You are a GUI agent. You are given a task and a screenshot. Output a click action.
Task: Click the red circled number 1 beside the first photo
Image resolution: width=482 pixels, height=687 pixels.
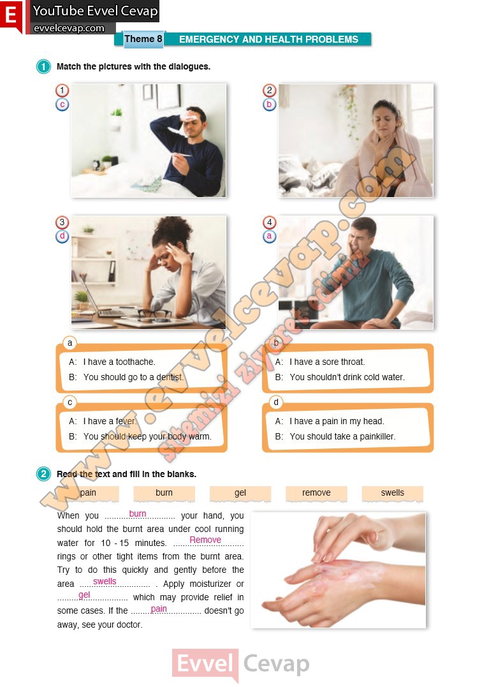pos(62,90)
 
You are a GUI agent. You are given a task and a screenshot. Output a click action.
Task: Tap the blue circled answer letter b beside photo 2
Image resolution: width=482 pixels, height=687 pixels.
pos(269,105)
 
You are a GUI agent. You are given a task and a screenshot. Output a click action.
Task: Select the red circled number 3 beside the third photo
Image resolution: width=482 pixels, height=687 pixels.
pos(62,222)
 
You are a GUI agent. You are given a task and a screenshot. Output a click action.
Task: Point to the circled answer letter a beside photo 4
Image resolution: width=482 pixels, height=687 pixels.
pos(269,237)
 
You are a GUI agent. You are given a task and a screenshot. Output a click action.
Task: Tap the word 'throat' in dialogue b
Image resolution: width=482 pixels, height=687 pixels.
pos(353,362)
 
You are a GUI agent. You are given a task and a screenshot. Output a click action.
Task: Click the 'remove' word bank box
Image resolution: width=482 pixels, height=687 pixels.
pos(316,493)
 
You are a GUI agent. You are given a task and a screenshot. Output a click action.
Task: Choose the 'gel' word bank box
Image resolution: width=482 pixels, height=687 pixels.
pos(240,493)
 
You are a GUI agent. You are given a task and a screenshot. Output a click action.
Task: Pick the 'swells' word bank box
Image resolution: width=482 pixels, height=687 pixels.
pos(393,493)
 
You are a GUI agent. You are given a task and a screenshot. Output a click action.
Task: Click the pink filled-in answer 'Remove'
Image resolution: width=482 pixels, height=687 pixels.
pos(205,540)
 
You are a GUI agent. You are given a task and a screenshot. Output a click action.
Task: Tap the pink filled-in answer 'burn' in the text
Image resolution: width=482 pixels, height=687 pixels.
pos(138,513)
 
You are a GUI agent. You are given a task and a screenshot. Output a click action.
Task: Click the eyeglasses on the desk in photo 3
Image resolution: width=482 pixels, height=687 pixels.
pos(154,313)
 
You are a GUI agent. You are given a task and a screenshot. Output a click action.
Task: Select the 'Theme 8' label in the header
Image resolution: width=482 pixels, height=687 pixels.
pos(143,39)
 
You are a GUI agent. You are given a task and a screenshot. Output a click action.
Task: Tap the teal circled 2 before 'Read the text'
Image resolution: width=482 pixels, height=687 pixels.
pos(43,473)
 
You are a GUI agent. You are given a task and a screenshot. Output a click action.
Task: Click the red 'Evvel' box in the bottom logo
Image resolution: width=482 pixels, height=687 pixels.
pos(205,663)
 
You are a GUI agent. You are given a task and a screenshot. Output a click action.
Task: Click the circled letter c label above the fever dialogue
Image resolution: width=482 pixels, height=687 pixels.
pos(69,402)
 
